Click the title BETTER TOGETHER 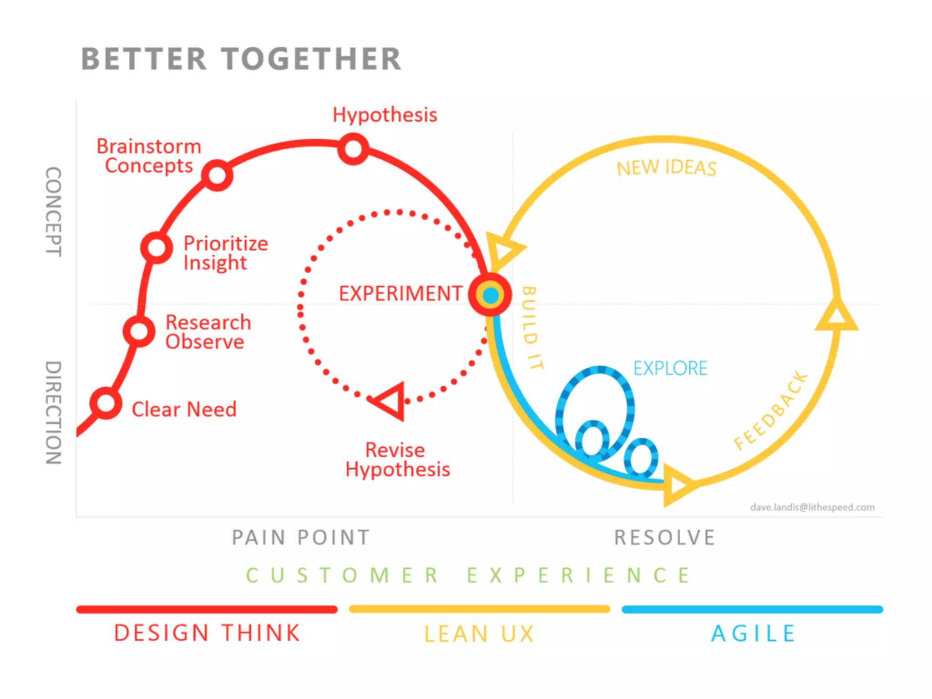(x=241, y=59)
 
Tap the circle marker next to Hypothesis (x=353, y=149)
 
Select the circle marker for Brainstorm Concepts (x=217, y=175)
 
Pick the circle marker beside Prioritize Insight (x=157, y=248)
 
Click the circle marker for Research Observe (x=139, y=331)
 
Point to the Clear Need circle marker (x=106, y=403)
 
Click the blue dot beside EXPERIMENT (x=491, y=296)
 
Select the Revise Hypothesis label (x=397, y=460)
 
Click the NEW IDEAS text (x=666, y=168)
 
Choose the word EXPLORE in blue (x=670, y=368)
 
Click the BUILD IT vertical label (x=532, y=328)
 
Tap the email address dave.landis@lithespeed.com (x=812, y=507)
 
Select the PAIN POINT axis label (x=301, y=537)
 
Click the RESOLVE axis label (x=664, y=537)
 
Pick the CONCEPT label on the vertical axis (x=54, y=212)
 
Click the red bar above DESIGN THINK (x=207, y=609)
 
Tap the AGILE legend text (x=753, y=633)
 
